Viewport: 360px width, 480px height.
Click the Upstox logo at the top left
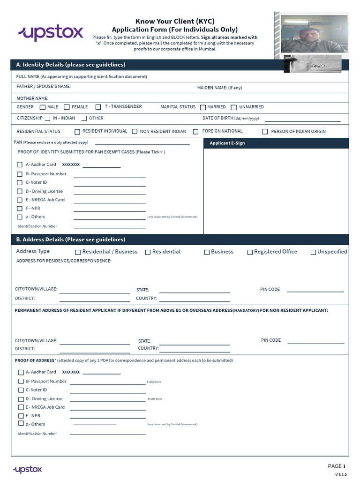click(50, 33)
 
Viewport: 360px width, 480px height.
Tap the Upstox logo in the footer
click(28, 469)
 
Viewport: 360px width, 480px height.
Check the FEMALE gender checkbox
click(67, 107)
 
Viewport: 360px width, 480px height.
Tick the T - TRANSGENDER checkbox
click(98, 107)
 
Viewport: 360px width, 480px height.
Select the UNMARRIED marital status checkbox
click(234, 107)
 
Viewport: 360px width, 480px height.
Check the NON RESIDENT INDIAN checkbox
click(135, 132)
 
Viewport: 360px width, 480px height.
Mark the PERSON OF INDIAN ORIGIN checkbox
click(265, 132)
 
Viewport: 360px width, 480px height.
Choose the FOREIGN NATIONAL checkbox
click(195, 132)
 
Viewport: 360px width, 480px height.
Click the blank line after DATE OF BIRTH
click(299, 121)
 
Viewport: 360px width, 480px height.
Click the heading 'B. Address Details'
click(70, 240)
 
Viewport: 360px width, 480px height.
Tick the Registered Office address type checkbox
click(250, 252)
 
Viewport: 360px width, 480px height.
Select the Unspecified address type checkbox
click(313, 252)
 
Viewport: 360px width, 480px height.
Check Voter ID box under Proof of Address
click(21, 390)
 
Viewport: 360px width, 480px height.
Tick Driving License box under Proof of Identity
click(20, 191)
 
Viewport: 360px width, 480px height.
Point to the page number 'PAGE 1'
click(337, 466)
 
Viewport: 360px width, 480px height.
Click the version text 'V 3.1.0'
click(340, 475)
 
